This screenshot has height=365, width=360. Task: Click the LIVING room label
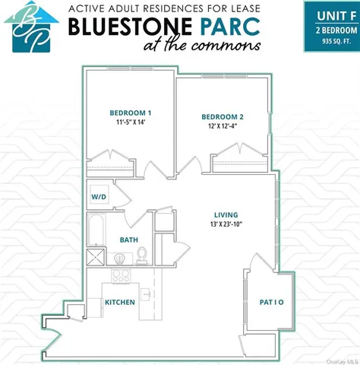click(226, 214)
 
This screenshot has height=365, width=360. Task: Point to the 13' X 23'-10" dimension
click(226, 224)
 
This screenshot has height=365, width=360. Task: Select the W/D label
click(99, 195)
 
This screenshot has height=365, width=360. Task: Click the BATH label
click(128, 240)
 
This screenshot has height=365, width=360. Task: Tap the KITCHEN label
click(119, 303)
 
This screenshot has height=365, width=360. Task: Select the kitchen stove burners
click(121, 276)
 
